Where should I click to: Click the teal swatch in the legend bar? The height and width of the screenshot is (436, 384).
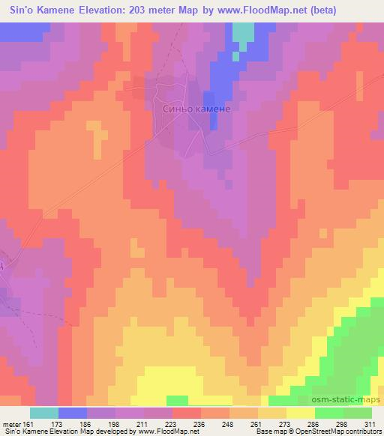(x=44, y=413)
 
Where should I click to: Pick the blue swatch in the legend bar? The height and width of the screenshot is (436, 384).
(x=73, y=413)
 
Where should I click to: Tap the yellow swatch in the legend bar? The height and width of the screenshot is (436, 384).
(x=300, y=413)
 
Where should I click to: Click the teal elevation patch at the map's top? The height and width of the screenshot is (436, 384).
(x=243, y=32)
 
